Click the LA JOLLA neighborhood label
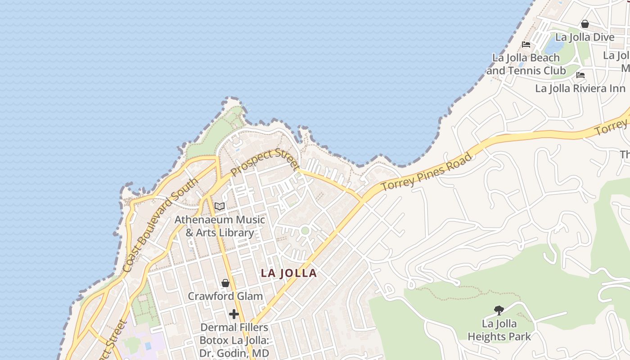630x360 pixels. pyautogui.click(x=289, y=273)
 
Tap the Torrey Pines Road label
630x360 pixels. pyautogui.click(x=427, y=171)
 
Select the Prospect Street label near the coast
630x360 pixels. pyautogui.click(x=265, y=162)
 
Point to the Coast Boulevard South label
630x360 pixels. pyautogui.click(x=160, y=225)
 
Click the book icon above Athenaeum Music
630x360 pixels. pyautogui.click(x=219, y=207)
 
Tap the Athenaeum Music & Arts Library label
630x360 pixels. pyautogui.click(x=220, y=226)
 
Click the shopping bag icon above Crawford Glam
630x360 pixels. pyautogui.click(x=225, y=283)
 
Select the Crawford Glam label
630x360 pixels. pyautogui.click(x=225, y=296)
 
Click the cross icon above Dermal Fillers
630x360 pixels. pyautogui.click(x=234, y=314)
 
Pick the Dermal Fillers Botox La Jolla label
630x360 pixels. pyautogui.click(x=234, y=340)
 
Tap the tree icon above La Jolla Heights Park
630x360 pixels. pyautogui.click(x=499, y=310)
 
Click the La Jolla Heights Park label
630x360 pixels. pyautogui.click(x=499, y=330)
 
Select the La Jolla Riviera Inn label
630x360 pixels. pyautogui.click(x=580, y=88)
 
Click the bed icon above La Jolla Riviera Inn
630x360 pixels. pyautogui.click(x=580, y=75)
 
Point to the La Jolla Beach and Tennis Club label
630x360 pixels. pyautogui.click(x=526, y=64)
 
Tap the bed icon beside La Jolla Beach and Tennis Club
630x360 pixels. pyautogui.click(x=526, y=45)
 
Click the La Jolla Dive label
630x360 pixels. pyautogui.click(x=585, y=37)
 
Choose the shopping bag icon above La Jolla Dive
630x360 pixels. pyautogui.click(x=585, y=24)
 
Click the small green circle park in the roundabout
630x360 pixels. pyautogui.click(x=305, y=230)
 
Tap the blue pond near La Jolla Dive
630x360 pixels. pyautogui.click(x=553, y=44)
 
